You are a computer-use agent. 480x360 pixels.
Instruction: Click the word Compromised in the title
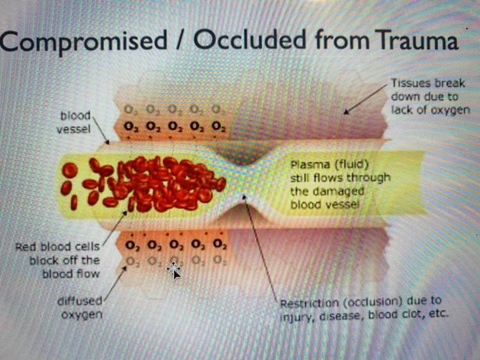(83, 41)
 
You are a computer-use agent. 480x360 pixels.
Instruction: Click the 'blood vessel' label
(74, 122)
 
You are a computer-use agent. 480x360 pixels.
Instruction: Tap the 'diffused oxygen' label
(80, 308)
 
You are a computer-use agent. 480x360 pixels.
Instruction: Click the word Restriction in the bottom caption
(309, 303)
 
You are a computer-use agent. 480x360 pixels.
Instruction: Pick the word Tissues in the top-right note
(409, 83)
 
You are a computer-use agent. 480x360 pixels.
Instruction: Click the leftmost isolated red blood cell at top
(70, 170)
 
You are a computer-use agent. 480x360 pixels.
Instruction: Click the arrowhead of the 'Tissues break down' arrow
(346, 112)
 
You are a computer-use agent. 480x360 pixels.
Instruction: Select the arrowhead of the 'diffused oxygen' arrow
(124, 269)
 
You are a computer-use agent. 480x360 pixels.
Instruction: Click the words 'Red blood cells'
(57, 247)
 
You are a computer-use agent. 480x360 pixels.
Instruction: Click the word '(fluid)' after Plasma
(351, 165)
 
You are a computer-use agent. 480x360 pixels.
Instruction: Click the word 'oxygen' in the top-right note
(450, 110)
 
